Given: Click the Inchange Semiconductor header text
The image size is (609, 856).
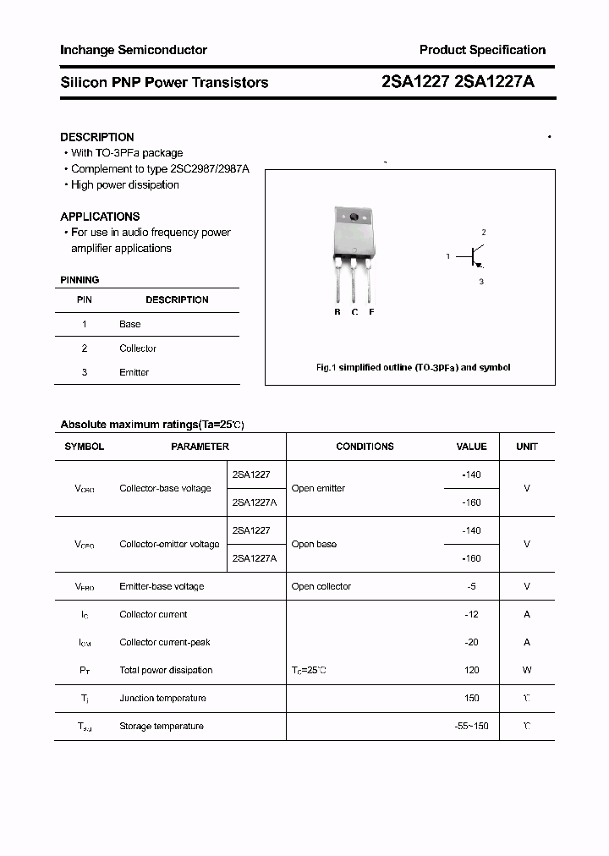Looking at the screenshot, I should pyautogui.click(x=134, y=50).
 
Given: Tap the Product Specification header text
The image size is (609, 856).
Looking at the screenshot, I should pyautogui.click(x=482, y=50).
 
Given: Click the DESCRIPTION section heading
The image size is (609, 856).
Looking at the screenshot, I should pyautogui.click(x=97, y=137).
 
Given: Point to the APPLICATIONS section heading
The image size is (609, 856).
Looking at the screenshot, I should pyautogui.click(x=100, y=217).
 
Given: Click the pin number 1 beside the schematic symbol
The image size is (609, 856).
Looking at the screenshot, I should pyautogui.click(x=448, y=255).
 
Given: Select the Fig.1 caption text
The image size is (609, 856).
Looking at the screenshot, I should pyautogui.click(x=413, y=368).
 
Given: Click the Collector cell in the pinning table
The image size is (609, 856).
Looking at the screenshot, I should pyautogui.click(x=138, y=348).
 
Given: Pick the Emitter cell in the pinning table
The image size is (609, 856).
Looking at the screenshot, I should pyautogui.click(x=134, y=372).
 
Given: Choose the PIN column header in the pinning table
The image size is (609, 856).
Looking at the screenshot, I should pyautogui.click(x=85, y=299).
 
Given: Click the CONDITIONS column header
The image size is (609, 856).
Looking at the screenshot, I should pyautogui.click(x=365, y=447).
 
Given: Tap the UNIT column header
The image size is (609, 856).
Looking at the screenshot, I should pyautogui.click(x=527, y=447).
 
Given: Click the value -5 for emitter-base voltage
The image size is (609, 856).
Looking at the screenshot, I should pyautogui.click(x=472, y=586).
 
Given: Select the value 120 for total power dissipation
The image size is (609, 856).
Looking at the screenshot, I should pyautogui.click(x=471, y=670).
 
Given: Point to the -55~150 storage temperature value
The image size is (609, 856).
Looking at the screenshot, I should pyautogui.click(x=471, y=726).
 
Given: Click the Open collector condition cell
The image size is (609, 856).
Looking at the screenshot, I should pyautogui.click(x=321, y=586).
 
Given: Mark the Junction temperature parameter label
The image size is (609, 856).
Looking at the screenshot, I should pyautogui.click(x=162, y=698).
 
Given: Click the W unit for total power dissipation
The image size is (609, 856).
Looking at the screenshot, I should pyautogui.click(x=527, y=670).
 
